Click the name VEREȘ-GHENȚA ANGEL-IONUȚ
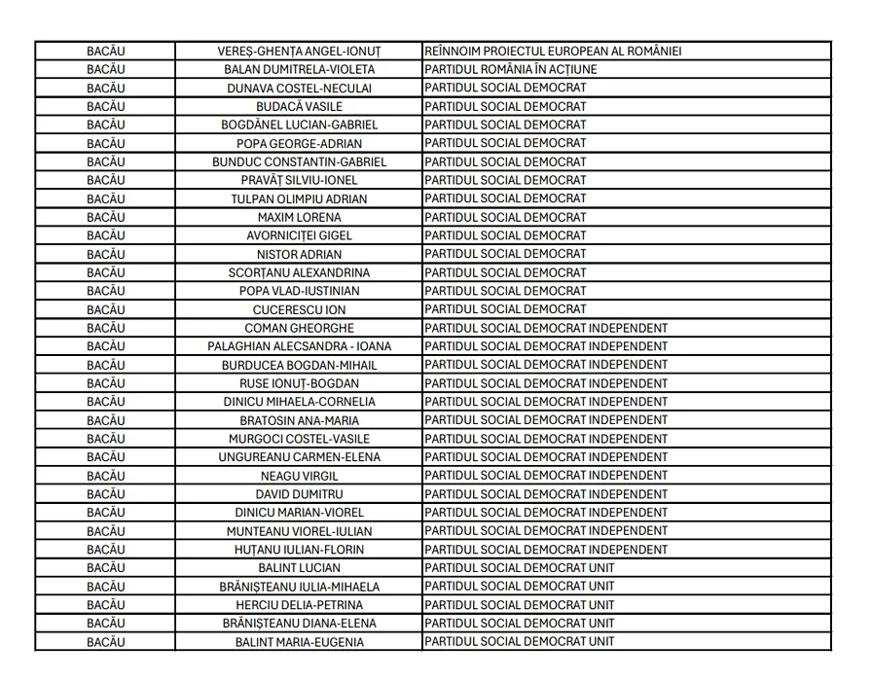[299, 51]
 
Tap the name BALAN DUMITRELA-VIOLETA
[299, 69]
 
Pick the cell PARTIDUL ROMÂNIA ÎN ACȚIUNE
[511, 69]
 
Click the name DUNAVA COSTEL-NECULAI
[299, 88]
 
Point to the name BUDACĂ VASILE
[299, 106]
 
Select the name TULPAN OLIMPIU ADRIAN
[299, 198]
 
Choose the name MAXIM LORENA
[299, 217]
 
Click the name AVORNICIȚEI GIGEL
[299, 235]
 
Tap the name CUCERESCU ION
[299, 309]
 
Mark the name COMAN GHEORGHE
[299, 328]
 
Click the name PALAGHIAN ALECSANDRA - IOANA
[299, 346]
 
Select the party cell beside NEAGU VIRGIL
[546, 476]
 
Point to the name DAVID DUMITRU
[299, 494]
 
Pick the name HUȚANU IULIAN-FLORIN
[299, 550]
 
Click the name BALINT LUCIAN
[299, 568]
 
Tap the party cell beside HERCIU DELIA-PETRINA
[520, 605]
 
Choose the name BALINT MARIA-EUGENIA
[299, 642]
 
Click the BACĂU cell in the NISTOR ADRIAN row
[105, 254]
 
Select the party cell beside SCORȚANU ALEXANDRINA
[505, 272]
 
